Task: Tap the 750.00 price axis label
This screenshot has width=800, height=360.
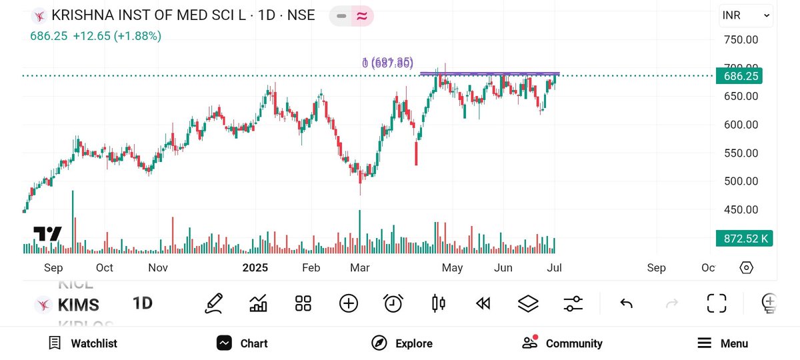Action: [x=741, y=39]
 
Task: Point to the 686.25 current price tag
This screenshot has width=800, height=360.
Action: [x=741, y=76]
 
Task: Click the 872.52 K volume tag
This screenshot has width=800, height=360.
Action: [x=743, y=238]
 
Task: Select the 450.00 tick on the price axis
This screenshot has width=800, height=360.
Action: [x=741, y=209]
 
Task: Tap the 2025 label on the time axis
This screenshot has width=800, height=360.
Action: [x=255, y=268]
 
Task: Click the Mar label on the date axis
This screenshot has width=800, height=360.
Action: [x=360, y=268]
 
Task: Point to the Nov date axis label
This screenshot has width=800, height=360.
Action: [x=157, y=268]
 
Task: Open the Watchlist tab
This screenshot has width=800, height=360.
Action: [x=83, y=343]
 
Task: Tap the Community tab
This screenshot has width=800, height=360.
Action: [x=563, y=343]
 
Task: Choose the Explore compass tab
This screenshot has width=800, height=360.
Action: [x=402, y=343]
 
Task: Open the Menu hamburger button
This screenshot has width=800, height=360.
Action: [x=723, y=343]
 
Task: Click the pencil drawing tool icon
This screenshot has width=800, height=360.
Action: [x=214, y=303]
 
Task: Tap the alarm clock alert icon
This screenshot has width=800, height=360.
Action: [x=393, y=303]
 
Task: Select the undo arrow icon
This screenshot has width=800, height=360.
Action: [x=626, y=303]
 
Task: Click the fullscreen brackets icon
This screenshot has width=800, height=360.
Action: [x=717, y=303]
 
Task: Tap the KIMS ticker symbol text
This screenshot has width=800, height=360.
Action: [x=79, y=305]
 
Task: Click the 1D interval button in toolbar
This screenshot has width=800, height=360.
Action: [x=143, y=303]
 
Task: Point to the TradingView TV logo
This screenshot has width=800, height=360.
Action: [x=47, y=234]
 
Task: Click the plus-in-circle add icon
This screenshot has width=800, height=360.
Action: [x=349, y=303]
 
